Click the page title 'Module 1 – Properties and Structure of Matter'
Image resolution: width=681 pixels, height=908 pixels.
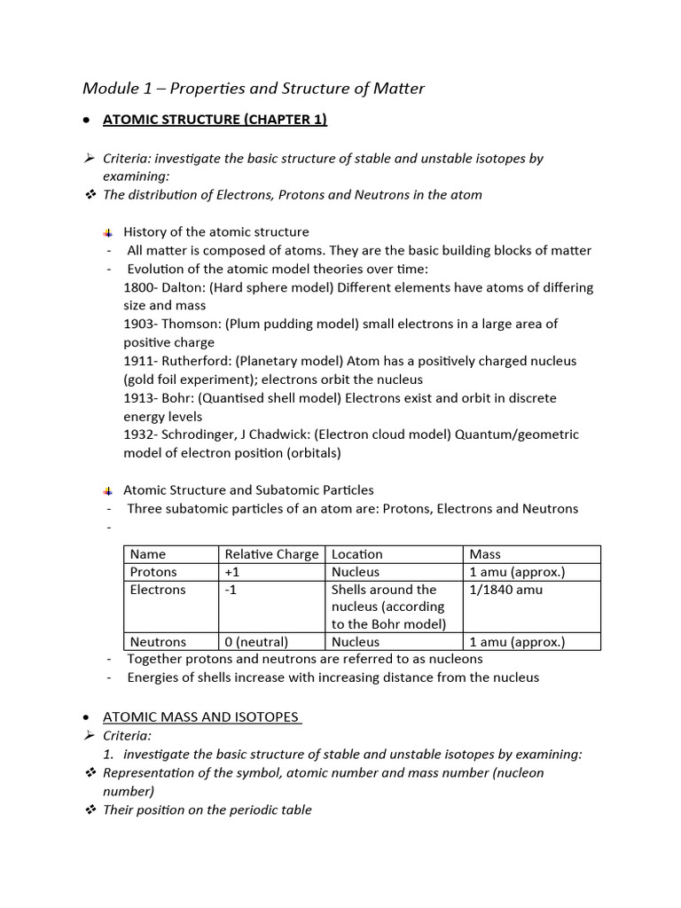tap(254, 88)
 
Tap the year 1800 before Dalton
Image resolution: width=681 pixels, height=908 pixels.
tap(139, 287)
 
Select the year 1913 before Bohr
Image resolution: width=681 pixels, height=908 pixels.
tap(139, 398)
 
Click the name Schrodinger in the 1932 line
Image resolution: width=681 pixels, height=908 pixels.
tap(201, 434)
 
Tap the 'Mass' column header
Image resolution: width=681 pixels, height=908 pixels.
tap(485, 554)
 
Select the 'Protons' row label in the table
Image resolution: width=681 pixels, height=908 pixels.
tap(153, 572)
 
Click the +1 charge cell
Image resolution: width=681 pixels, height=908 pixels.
tap(233, 572)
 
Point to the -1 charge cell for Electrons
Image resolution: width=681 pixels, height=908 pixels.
tap(231, 590)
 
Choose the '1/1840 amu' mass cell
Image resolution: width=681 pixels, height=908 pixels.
tap(506, 590)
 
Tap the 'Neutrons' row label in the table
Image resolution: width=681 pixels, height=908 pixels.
tap(158, 642)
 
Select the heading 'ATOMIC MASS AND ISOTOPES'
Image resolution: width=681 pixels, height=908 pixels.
tap(202, 717)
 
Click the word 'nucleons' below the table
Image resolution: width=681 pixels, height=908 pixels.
tap(453, 659)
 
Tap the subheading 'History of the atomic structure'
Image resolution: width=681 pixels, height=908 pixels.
tap(216, 232)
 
